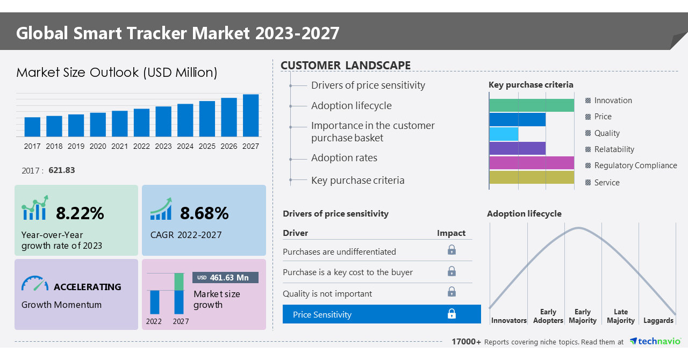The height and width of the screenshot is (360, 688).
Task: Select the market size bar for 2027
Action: pos(250,116)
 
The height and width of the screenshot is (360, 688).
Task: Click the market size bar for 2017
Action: pos(32,127)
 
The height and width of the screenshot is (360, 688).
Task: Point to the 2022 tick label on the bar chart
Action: pos(141,146)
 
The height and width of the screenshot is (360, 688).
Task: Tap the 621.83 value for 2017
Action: pos(62,170)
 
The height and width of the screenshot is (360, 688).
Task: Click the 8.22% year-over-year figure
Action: pos(80,213)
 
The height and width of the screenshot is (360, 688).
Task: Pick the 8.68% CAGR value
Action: pos(204,213)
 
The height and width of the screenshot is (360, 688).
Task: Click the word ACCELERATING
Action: pos(88,287)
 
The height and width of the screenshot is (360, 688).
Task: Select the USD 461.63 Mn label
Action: pos(225,277)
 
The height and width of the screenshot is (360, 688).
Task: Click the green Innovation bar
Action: pos(531,105)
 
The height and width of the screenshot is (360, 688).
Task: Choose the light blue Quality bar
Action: pos(504,134)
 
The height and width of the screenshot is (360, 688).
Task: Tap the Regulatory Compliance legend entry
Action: pos(635,165)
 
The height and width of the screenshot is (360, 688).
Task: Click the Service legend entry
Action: pos(607,183)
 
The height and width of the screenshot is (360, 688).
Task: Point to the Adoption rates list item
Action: pos(344,158)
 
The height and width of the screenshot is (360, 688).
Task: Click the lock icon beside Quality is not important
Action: pos(451,292)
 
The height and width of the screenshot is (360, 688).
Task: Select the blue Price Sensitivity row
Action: pos(382,314)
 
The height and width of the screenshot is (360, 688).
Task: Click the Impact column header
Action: pos(451,233)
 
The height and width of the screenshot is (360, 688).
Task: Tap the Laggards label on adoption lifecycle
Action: pos(658,320)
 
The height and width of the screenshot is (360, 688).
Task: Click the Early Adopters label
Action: pos(548,316)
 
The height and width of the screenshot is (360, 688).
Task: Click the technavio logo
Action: pos(655,341)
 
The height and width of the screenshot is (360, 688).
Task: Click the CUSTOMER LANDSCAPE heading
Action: pos(346,66)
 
